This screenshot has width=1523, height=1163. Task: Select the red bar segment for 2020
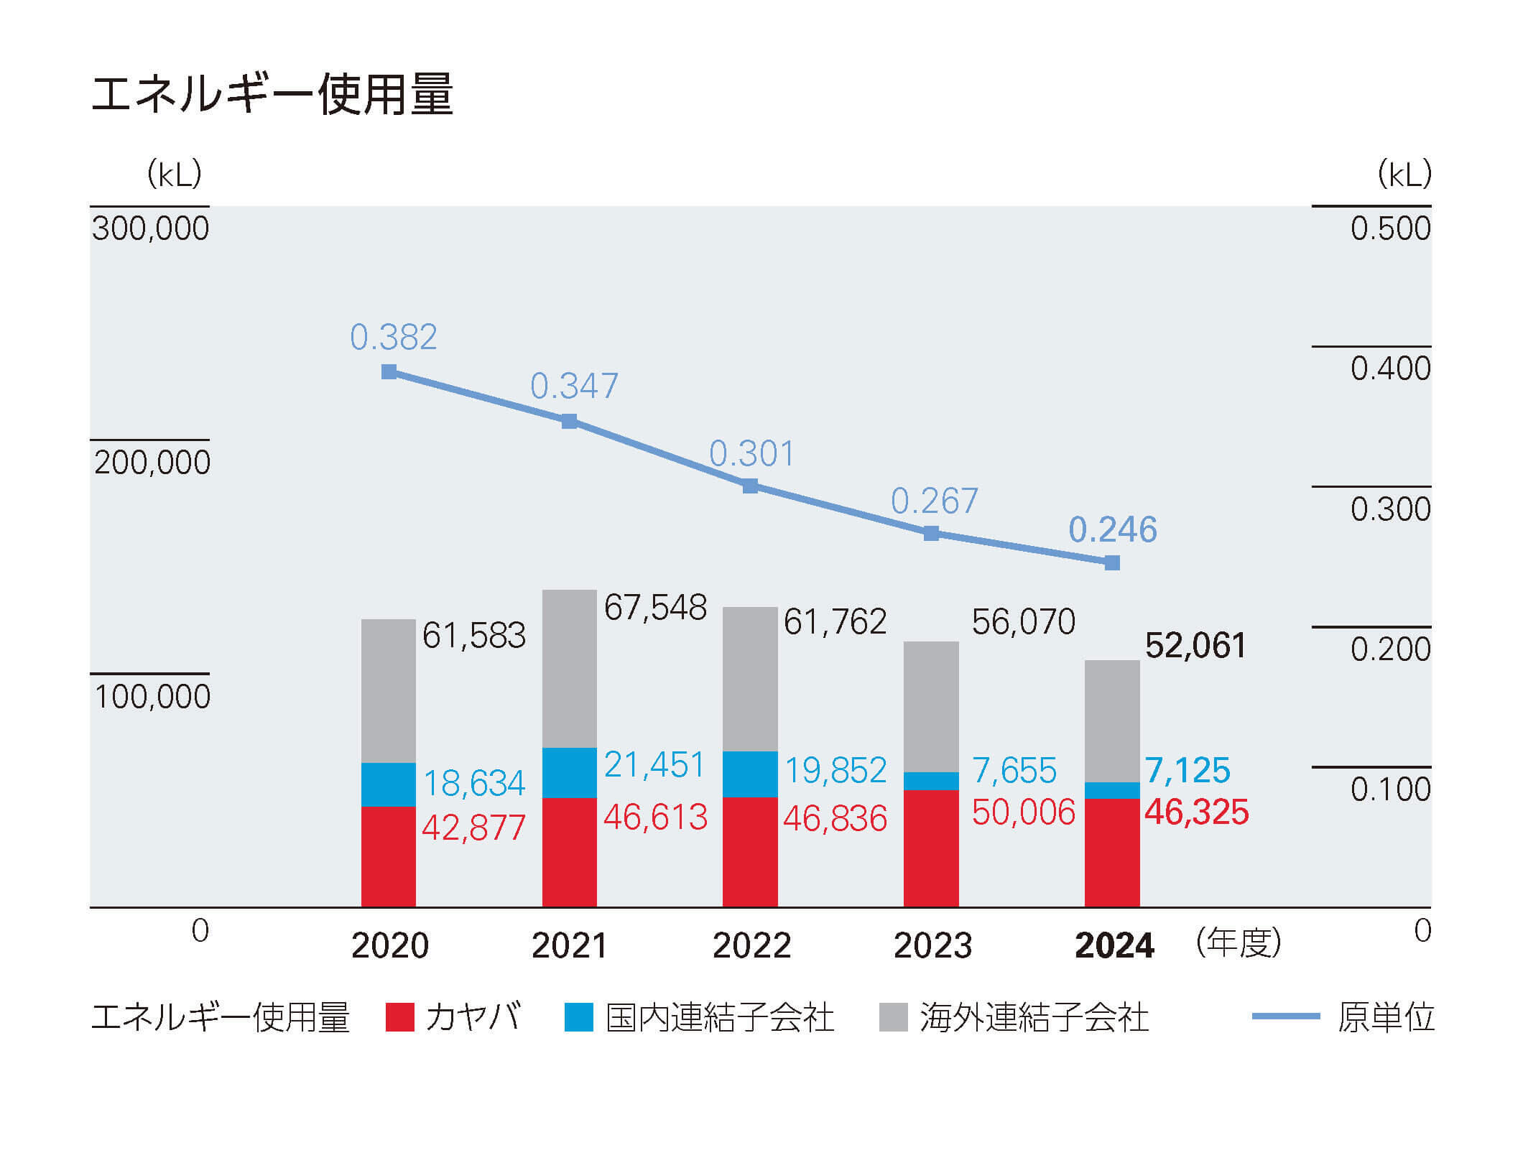(x=388, y=856)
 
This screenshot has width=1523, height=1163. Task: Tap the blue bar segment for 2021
(x=569, y=772)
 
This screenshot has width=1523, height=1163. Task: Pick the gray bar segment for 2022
(x=750, y=679)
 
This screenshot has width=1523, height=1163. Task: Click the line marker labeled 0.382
(x=389, y=371)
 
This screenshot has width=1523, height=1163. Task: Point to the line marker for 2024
(x=1111, y=562)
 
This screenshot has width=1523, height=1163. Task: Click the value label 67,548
(x=655, y=608)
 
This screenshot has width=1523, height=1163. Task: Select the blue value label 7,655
(x=1014, y=771)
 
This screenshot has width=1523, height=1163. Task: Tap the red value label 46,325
(x=1196, y=812)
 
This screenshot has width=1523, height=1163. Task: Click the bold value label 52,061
(x=1195, y=645)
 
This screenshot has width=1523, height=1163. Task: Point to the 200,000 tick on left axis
(x=152, y=462)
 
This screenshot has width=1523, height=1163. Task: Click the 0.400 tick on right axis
(x=1390, y=369)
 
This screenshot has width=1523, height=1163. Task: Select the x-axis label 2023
(x=932, y=945)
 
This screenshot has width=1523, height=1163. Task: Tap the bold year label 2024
(x=1114, y=945)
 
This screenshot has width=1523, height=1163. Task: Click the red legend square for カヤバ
(x=399, y=1017)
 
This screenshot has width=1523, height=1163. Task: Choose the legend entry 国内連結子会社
(x=719, y=1017)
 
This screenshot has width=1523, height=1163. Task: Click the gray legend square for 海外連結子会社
(x=893, y=1017)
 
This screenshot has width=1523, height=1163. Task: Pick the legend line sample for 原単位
(x=1285, y=1016)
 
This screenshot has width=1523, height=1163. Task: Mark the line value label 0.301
(x=751, y=453)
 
